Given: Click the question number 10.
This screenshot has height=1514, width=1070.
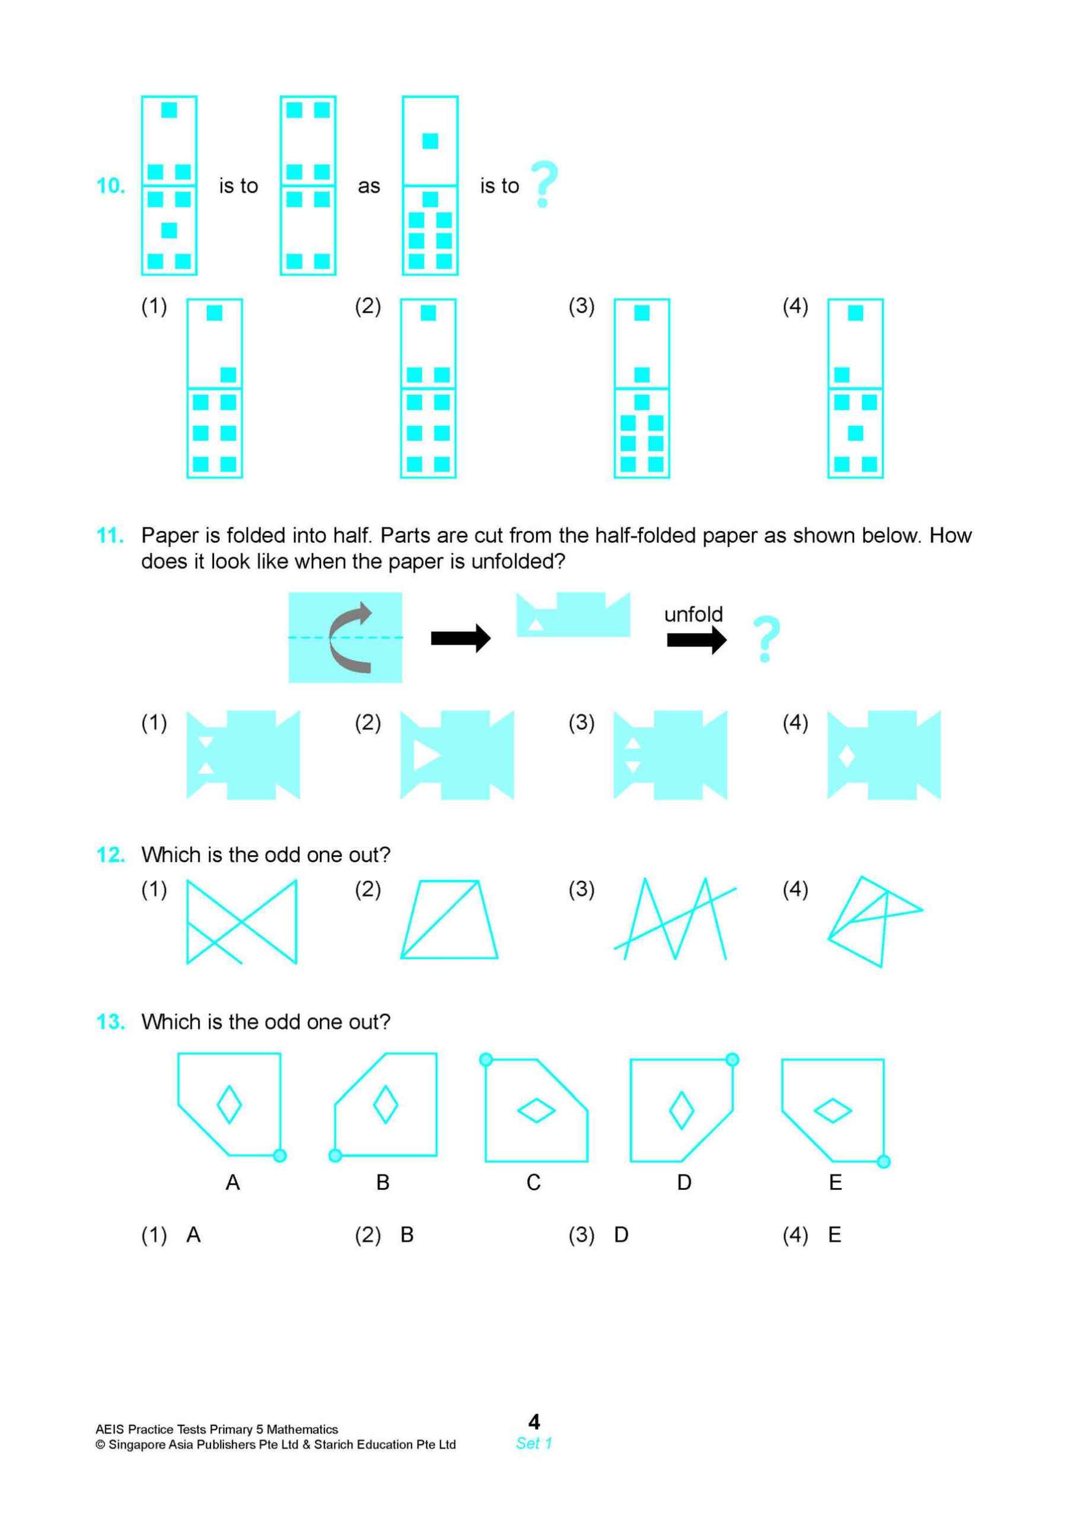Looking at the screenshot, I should pos(111,186).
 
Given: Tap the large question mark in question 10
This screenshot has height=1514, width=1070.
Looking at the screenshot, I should pos(545,184).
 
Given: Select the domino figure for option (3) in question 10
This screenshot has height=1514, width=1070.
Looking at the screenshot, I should pos(641,388).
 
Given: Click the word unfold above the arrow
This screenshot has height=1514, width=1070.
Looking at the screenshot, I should pos(693,614).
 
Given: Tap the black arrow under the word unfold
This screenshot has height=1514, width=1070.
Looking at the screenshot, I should pos(696,640).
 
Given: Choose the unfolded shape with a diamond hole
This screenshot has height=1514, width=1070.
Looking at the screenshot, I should pos(883,755).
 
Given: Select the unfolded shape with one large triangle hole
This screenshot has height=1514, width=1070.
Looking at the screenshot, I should pos(457,755).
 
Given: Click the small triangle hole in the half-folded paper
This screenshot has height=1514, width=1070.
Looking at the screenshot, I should pos(537,624).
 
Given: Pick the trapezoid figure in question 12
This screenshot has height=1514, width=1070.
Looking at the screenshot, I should pos(449,919).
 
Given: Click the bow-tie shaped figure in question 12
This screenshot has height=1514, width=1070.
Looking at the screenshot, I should pos(241,921).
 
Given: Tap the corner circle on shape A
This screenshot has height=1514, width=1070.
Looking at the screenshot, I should pos(279,1155).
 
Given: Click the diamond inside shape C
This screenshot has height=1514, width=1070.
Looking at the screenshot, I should pos(536,1110).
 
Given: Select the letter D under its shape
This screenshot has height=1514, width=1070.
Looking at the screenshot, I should pos(684,1182).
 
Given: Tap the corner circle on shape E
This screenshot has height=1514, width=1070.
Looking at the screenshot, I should pos(883,1162).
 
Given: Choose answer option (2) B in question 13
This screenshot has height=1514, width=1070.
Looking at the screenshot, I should pos(385,1235).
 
